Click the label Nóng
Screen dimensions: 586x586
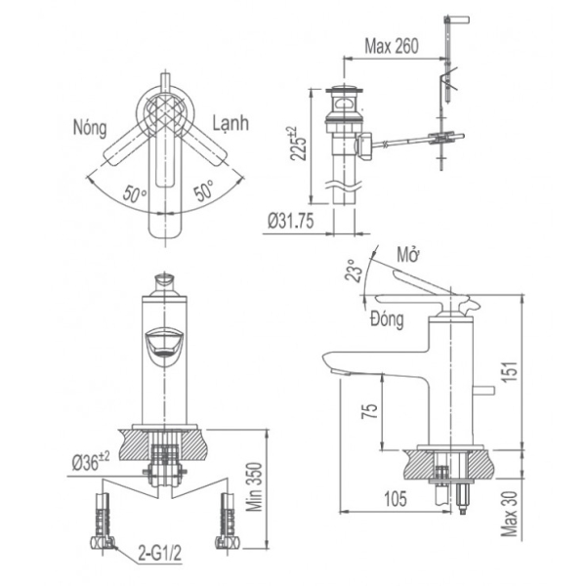click(91, 127)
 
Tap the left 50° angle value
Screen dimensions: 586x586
click(134, 192)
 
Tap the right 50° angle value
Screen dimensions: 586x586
click(206, 192)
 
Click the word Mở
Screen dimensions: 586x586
click(407, 256)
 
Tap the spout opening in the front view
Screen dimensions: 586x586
click(165, 344)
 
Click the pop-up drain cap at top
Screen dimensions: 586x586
click(343, 94)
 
